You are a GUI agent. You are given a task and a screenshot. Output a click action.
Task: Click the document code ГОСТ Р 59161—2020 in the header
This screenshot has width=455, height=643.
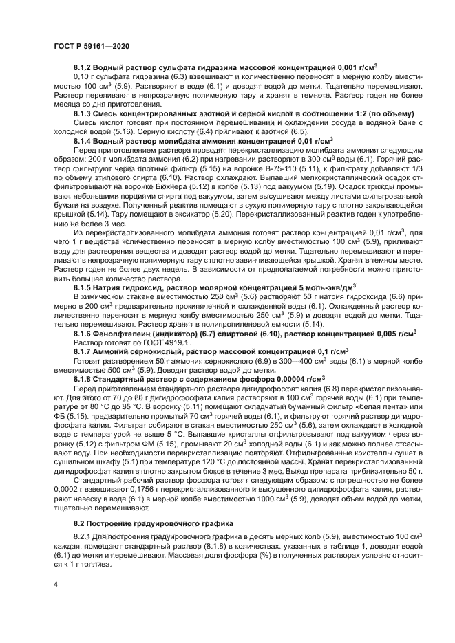click(92, 45)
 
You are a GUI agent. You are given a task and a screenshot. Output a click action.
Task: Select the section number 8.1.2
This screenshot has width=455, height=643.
click(82, 67)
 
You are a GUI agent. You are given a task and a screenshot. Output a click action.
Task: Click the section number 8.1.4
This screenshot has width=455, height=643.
click(82, 140)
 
